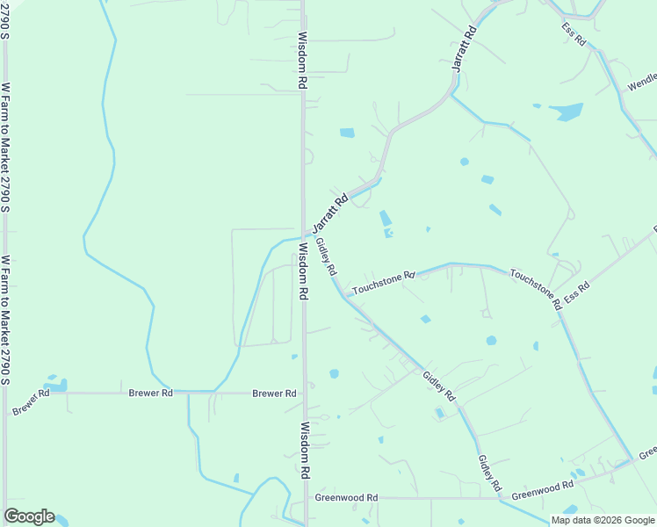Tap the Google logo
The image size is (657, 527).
point(29,516)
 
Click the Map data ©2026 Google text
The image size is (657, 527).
point(603,520)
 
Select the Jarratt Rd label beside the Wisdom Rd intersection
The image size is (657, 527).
point(331,213)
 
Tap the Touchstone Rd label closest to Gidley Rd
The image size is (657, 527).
point(383,283)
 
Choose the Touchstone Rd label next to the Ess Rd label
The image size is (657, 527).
point(535,289)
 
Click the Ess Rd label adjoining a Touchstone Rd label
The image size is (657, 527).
point(577,293)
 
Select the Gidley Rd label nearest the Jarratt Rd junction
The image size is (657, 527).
point(326,257)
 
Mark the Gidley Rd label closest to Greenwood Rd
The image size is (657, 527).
point(489,473)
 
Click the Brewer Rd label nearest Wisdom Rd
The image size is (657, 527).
point(274,393)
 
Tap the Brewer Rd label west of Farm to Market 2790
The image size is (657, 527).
point(31,401)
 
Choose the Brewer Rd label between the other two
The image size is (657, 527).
point(150,393)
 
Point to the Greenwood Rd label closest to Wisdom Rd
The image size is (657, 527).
point(346,497)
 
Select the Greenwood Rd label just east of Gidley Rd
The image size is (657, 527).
point(542,488)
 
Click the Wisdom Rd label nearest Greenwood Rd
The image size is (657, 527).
point(304,450)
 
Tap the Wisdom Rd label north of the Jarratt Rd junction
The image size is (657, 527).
point(301,61)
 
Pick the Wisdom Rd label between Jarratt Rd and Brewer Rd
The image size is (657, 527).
point(303,272)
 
